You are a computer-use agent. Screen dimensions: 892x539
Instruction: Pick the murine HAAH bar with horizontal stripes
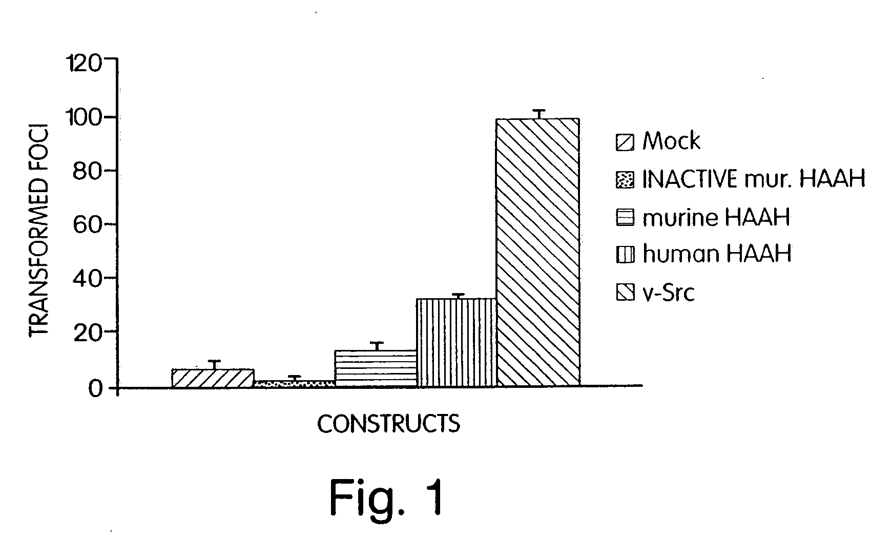pyautogui.click(x=376, y=368)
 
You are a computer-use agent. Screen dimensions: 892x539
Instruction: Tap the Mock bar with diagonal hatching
pyautogui.click(x=213, y=378)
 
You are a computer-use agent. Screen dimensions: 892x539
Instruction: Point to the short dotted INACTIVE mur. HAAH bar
pyautogui.click(x=294, y=383)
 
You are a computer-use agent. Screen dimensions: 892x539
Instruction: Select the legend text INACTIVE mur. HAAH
pyautogui.click(x=754, y=179)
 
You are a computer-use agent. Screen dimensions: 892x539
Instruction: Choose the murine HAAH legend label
pyautogui.click(x=716, y=218)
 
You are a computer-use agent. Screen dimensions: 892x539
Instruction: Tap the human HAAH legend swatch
pyautogui.click(x=625, y=255)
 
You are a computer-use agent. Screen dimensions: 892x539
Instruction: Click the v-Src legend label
pyautogui.click(x=669, y=293)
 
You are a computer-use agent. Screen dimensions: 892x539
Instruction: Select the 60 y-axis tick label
pyautogui.click(x=88, y=225)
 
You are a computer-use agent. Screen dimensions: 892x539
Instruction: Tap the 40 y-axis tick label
pyautogui.click(x=88, y=279)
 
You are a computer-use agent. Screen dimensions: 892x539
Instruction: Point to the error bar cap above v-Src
pyautogui.click(x=538, y=110)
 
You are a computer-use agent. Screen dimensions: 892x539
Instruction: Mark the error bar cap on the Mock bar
pyautogui.click(x=214, y=361)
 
